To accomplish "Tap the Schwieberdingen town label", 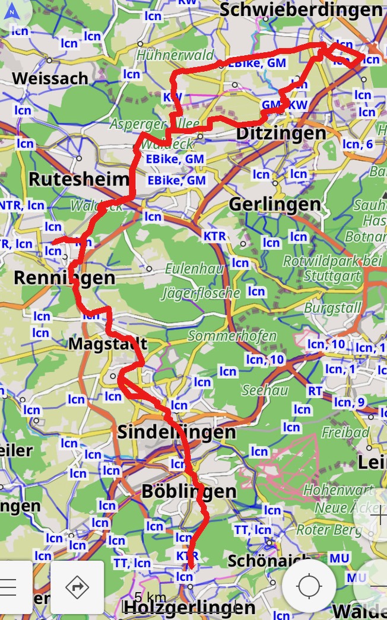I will click(300, 10).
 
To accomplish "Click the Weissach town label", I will click(50, 78).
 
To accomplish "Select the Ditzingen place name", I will click(281, 133).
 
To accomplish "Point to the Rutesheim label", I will click(78, 179).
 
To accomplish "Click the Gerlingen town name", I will click(275, 204).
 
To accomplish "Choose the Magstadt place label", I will click(107, 344).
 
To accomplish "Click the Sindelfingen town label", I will click(176, 432).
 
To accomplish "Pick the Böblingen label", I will click(189, 491).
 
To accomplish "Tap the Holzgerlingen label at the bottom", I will click(188, 607).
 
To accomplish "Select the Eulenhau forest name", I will click(194, 269).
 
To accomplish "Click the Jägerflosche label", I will click(201, 293).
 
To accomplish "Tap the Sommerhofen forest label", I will click(232, 336).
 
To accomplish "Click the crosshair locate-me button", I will click(309, 586).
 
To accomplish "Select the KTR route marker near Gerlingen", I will click(214, 236).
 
